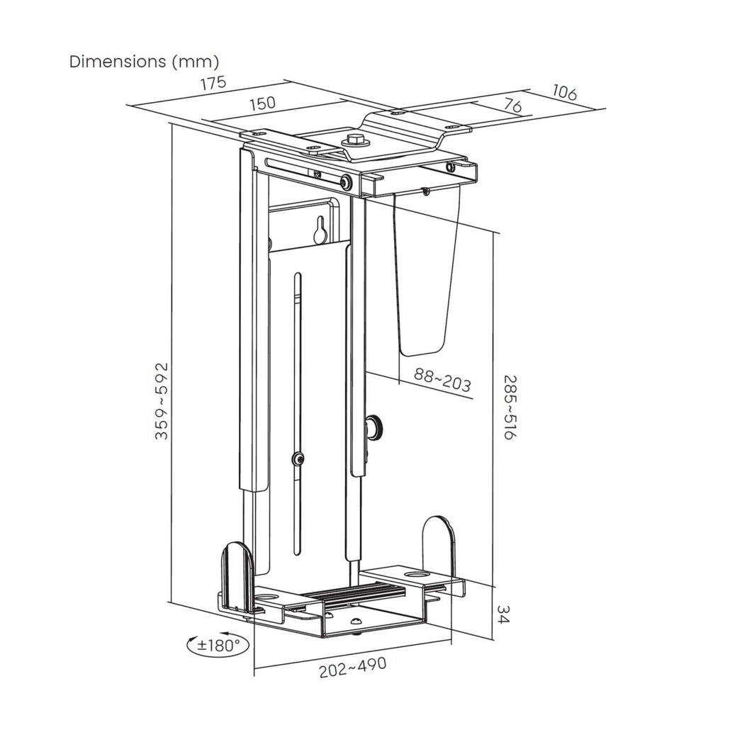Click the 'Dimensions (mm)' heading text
point(144,62)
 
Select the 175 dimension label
point(213,83)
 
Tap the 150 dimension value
point(262,103)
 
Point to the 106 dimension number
point(564,92)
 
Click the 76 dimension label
point(512,107)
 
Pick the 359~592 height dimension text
point(162,401)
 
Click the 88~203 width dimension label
point(442,381)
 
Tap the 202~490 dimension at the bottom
point(352,668)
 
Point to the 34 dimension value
point(504,614)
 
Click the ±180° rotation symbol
point(218,644)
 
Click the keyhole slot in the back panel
point(320,230)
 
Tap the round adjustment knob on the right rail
point(374,427)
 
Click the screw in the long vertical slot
point(298,459)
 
